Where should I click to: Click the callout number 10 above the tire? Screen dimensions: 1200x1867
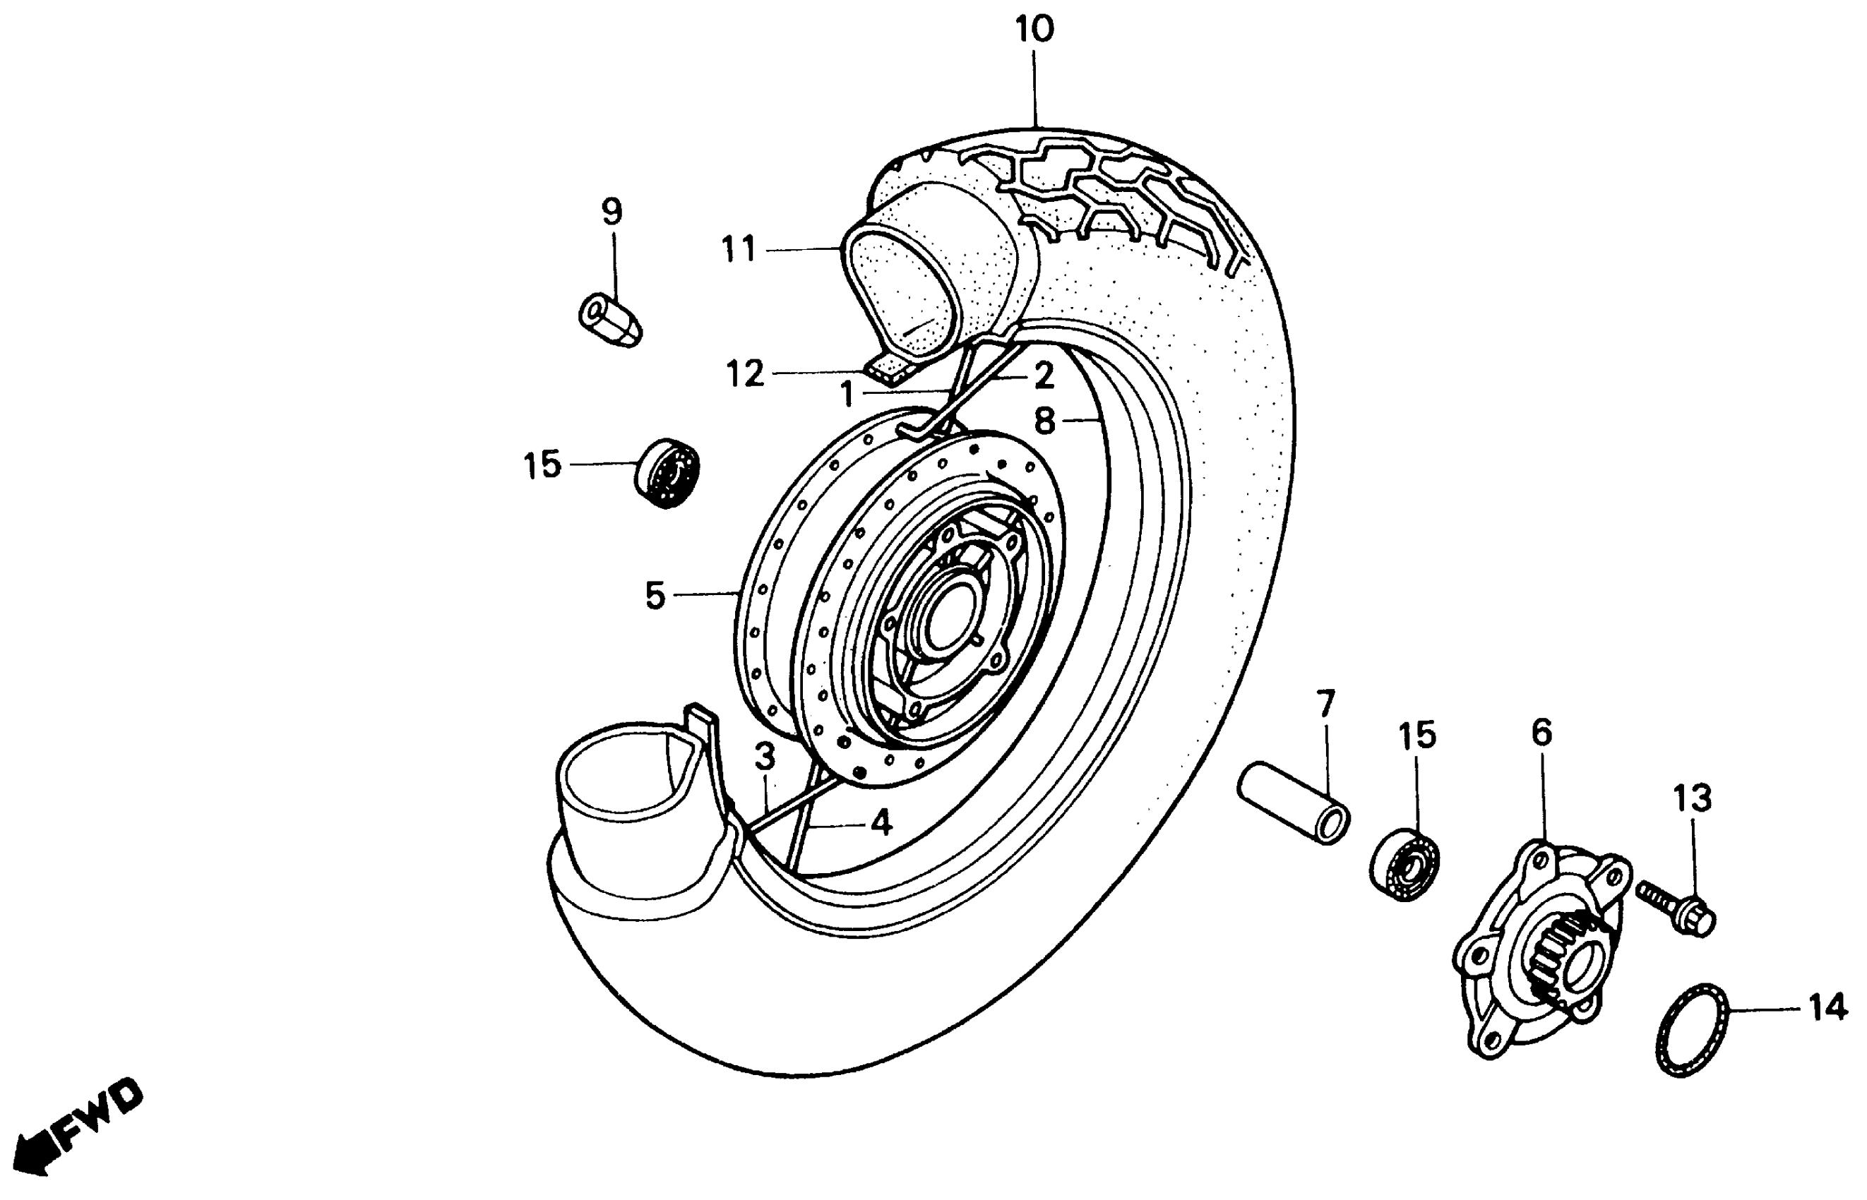(1034, 30)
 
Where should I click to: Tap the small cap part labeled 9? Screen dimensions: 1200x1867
(610, 320)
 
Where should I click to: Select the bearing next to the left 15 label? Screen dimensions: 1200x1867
(667, 472)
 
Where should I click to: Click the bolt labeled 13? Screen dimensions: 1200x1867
(1678, 907)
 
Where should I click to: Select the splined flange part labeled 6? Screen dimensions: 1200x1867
(1541, 950)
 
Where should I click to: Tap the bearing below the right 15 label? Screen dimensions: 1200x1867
(1404, 864)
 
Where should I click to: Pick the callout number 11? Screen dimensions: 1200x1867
(738, 250)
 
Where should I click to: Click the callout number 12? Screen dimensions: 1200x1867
(744, 374)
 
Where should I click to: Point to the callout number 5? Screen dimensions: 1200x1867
(655, 596)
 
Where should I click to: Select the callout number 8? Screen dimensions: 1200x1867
(1044, 421)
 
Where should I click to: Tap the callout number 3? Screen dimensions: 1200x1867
(765, 756)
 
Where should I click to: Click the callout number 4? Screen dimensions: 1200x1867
(881, 822)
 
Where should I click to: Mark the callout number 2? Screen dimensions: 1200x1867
(1044, 376)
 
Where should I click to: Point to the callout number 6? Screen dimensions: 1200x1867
(1541, 733)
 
